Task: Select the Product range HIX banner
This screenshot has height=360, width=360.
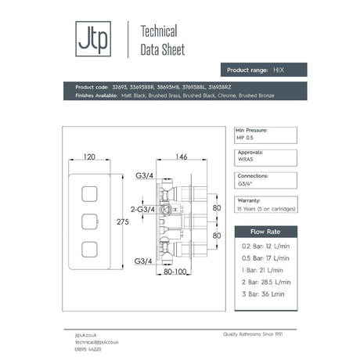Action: (x=262, y=70)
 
